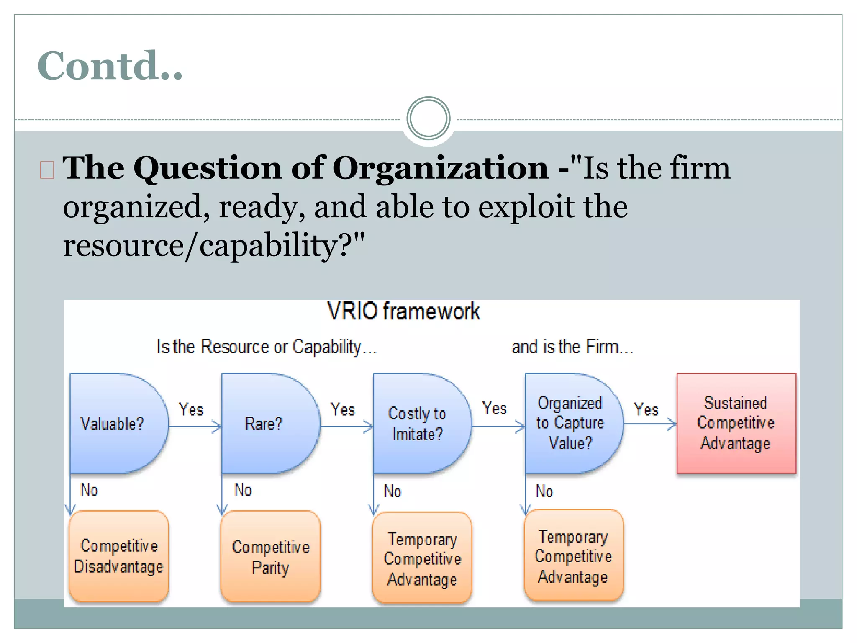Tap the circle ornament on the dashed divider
click(x=428, y=118)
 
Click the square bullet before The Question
click(x=47, y=170)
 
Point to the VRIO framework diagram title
click(x=403, y=311)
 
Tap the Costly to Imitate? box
click(x=418, y=423)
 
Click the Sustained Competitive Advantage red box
click(x=736, y=423)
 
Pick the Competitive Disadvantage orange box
click(x=119, y=556)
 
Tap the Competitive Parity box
click(x=271, y=557)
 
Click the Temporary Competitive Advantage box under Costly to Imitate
click(x=422, y=558)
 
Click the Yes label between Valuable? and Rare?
click(x=191, y=409)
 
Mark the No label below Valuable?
click(x=89, y=490)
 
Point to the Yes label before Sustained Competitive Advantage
click(x=646, y=409)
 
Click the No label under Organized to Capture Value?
click(x=544, y=491)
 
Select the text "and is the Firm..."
click(x=572, y=347)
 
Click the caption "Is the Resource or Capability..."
click(x=267, y=347)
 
